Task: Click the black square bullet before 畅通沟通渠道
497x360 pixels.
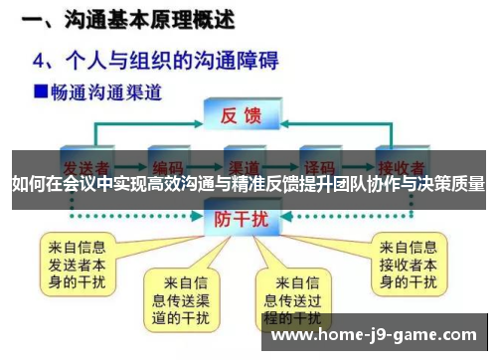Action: click(x=42, y=91)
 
